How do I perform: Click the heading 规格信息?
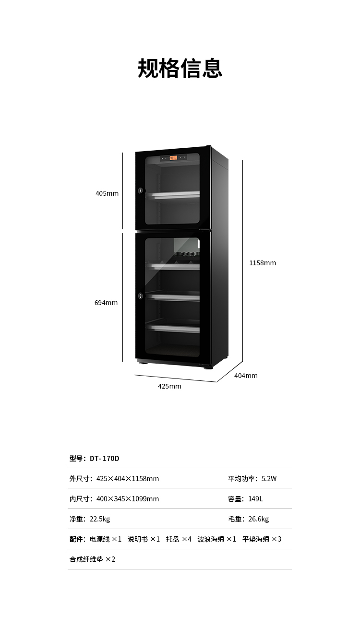180,68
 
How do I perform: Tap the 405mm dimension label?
107,193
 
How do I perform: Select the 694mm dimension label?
106,303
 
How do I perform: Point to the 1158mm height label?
263,263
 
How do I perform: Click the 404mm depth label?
246,376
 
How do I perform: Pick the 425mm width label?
169,386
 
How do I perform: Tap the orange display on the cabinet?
173,158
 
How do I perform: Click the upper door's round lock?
141,190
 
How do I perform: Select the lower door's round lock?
141,296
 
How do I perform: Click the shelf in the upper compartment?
173,195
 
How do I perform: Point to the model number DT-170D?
105,459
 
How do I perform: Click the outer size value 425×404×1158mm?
128,479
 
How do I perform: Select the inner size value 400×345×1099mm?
128,499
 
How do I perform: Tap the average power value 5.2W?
269,479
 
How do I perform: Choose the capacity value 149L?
255,499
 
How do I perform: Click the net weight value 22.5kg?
100,519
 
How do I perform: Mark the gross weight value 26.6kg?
259,519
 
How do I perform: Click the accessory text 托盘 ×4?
179,539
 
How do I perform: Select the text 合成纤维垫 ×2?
93,559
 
